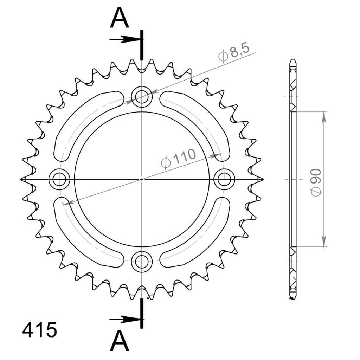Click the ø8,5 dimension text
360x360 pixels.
point(234,53)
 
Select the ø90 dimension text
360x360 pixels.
point(316,182)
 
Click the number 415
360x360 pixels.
point(39,330)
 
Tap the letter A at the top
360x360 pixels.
point(120,18)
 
